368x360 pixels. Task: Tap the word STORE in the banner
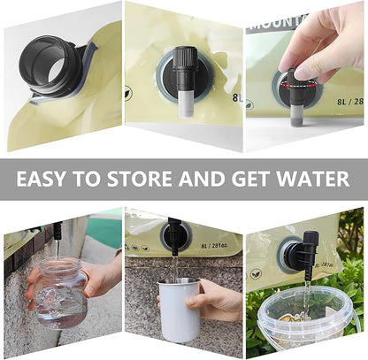[143, 180]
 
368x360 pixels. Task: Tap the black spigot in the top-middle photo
[184, 66]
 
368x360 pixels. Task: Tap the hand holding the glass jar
[96, 280]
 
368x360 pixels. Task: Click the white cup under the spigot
[180, 309]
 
